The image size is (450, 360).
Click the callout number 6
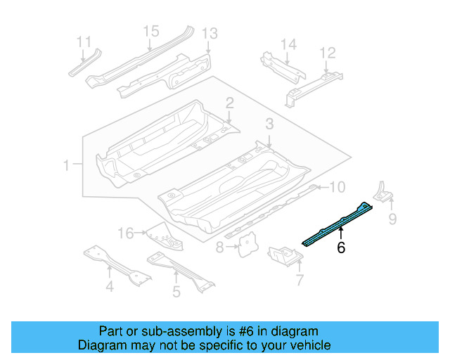coord(341,247)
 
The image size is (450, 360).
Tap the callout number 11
coord(84,40)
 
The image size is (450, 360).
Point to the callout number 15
coord(151,31)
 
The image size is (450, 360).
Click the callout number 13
coord(210,34)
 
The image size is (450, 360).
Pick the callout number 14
coord(289,44)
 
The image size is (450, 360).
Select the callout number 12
coord(328,53)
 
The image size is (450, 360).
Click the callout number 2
coord(229,103)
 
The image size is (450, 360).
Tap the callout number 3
coord(269,124)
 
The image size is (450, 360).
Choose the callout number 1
coord(67,166)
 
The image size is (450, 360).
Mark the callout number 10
coord(337,187)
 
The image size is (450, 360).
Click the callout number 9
coord(392,219)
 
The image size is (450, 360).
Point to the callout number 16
coord(125,233)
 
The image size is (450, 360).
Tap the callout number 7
coord(300,281)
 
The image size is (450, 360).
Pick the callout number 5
coord(176,290)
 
